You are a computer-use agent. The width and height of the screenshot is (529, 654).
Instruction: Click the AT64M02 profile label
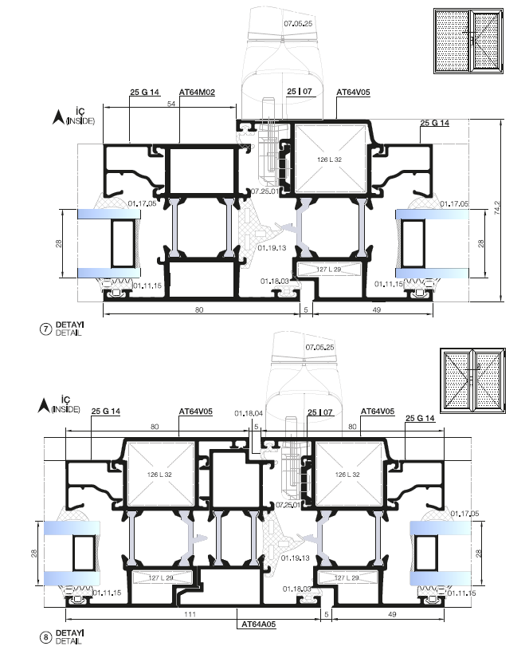(197, 93)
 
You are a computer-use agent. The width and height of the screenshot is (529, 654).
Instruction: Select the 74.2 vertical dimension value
(497, 208)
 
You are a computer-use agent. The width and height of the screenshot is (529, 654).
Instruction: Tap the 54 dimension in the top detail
(171, 104)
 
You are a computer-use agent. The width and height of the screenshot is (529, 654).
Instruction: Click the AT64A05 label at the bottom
(259, 624)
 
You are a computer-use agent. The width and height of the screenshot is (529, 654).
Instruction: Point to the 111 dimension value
(190, 614)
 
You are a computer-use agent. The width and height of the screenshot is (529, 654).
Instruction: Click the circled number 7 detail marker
(45, 329)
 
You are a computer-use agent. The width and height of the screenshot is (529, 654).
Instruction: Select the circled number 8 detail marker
(45, 638)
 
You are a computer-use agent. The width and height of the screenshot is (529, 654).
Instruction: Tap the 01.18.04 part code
(249, 413)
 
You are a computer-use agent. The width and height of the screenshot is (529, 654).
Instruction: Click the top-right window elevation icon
(468, 41)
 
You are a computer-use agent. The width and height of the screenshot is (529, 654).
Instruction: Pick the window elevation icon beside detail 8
(472, 380)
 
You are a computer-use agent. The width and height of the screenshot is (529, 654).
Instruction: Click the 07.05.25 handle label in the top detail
(298, 24)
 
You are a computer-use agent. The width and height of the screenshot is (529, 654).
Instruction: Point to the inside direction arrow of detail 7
(57, 116)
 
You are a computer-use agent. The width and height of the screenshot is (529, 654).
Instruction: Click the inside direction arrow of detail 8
(43, 405)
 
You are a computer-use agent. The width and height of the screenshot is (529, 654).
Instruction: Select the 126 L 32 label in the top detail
(329, 160)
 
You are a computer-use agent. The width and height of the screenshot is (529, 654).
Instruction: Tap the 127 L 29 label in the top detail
(329, 269)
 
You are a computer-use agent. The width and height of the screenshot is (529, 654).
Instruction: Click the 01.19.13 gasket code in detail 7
(272, 248)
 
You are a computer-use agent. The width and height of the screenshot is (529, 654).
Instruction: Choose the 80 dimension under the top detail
(199, 309)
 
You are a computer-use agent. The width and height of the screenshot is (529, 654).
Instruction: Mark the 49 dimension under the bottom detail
(392, 614)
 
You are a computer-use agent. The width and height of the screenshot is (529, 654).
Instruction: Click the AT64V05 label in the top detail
(353, 93)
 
